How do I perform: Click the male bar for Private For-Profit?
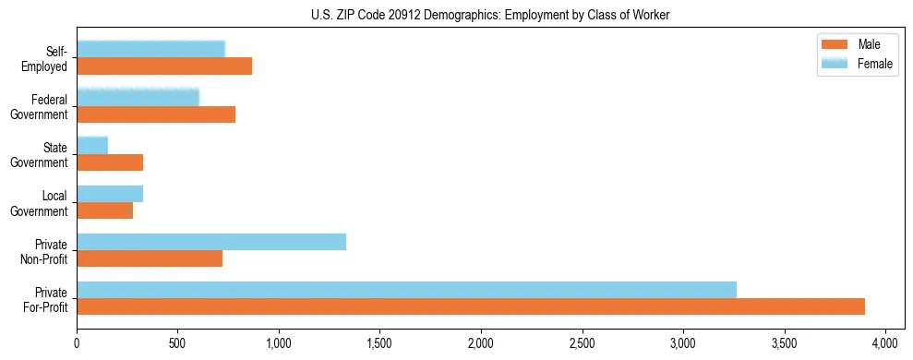471,306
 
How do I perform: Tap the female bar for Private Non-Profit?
211,242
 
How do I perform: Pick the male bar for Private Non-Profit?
150,258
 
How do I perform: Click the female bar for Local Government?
110,194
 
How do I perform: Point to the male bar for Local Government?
104,210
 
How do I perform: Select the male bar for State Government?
110,162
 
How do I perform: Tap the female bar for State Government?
92,146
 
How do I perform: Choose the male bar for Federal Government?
156,114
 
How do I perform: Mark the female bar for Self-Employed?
150,50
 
